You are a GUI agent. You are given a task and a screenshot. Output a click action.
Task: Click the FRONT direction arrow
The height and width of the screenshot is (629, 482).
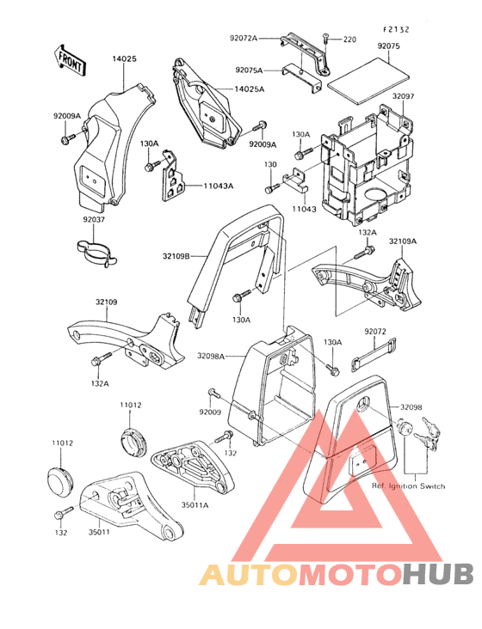(70, 60)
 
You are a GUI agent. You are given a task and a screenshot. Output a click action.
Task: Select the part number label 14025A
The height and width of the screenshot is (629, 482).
(250, 89)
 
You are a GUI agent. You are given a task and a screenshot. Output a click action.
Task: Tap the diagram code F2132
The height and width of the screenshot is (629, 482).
(396, 29)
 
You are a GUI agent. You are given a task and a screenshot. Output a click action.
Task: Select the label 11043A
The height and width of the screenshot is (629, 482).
(218, 186)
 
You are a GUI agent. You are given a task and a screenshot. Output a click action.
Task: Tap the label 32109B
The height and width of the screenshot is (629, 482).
(176, 255)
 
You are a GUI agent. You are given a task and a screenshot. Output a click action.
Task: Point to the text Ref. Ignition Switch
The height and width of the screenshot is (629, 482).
(408, 485)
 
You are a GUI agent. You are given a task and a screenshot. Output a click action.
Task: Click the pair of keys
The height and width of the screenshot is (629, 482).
(428, 434)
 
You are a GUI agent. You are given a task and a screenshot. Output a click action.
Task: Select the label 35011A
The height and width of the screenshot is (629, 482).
(195, 505)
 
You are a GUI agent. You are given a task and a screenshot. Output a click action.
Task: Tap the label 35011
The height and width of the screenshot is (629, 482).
(99, 532)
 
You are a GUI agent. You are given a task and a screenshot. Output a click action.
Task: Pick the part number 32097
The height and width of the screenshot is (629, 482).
(403, 96)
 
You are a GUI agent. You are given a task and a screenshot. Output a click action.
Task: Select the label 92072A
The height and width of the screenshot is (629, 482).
(244, 39)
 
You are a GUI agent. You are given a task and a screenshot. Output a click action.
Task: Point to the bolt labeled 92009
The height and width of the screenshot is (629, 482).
(213, 393)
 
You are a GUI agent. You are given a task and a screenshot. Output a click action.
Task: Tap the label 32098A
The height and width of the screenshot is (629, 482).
(211, 356)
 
